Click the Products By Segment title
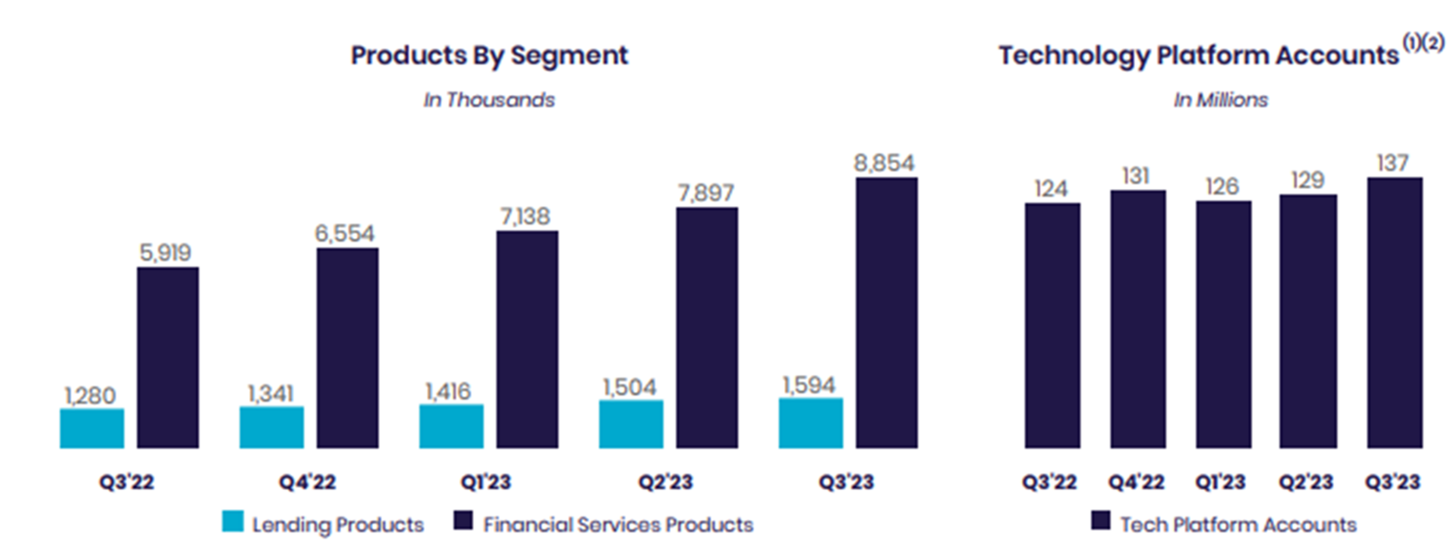tap(489, 55)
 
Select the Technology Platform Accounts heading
tap(1198, 55)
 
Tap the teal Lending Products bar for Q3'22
tap(92, 428)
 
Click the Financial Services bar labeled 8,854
tap(886, 313)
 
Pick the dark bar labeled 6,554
tap(347, 348)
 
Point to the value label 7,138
tap(525, 217)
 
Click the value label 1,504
tap(629, 388)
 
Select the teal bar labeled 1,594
tap(810, 423)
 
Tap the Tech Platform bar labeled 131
tap(1138, 319)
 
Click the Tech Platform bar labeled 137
tap(1394, 313)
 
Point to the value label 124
tap(1051, 189)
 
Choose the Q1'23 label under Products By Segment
tap(486, 482)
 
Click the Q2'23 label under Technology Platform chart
tap(1306, 482)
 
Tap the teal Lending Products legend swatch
tap(232, 521)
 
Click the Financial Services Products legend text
tap(618, 525)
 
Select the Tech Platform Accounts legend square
tap(1100, 520)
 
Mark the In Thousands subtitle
tap(489, 100)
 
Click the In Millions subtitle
tap(1220, 100)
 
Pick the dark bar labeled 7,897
tap(707, 328)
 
